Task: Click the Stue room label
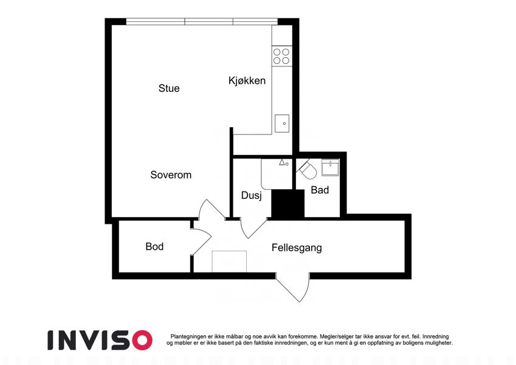[x=169, y=88]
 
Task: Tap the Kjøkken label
[x=247, y=81]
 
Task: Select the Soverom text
[x=171, y=175]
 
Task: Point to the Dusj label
[x=252, y=195]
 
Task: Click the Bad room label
[x=320, y=190]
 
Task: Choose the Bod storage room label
[x=154, y=246]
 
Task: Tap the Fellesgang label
[x=297, y=248]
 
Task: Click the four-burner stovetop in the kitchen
[x=281, y=57]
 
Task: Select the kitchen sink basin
[x=282, y=123]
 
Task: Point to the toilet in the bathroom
[x=308, y=170]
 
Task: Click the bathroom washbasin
[x=330, y=168]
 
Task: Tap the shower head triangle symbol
[x=281, y=162]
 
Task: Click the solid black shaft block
[x=288, y=204]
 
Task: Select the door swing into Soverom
[x=211, y=207]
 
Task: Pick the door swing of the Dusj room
[x=253, y=228]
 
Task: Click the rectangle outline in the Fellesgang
[x=229, y=262]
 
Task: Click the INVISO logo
[x=100, y=340]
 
